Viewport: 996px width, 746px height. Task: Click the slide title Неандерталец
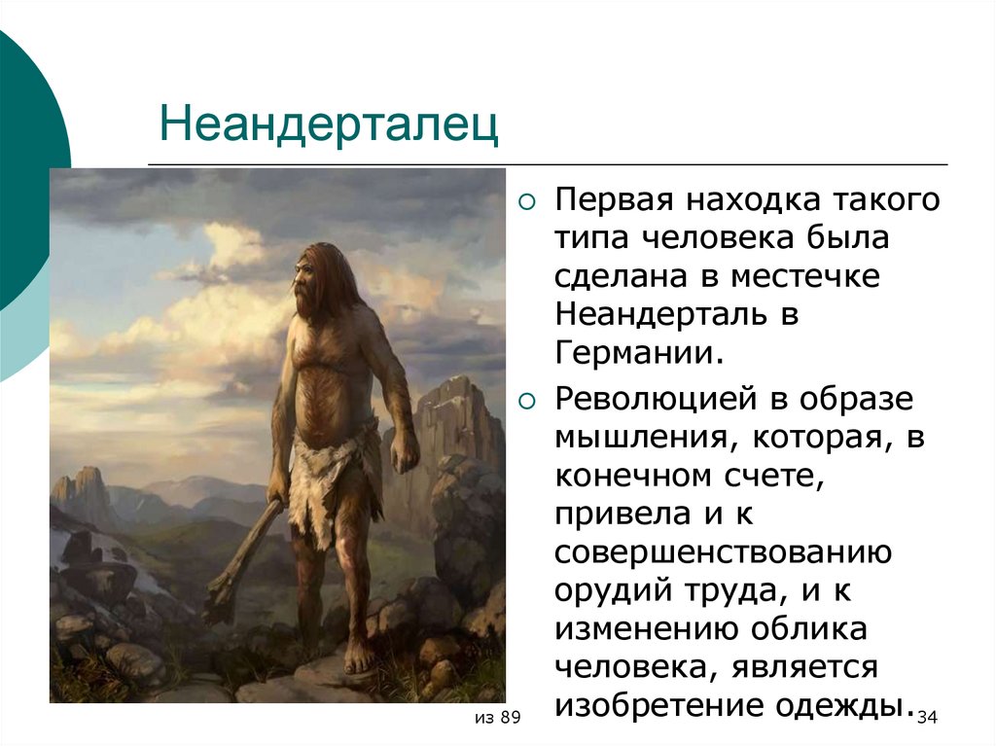pyautogui.click(x=329, y=125)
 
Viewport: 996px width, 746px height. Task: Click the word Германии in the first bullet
pyautogui.click(x=639, y=351)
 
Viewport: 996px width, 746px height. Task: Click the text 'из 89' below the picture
pyautogui.click(x=498, y=718)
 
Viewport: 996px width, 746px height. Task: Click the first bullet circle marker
pyautogui.click(x=527, y=203)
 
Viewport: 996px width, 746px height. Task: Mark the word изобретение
pyautogui.click(x=659, y=703)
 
